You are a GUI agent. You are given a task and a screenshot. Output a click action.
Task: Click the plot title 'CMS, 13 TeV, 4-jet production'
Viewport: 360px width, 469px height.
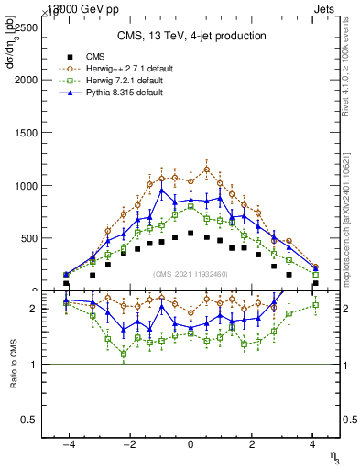point(191,37)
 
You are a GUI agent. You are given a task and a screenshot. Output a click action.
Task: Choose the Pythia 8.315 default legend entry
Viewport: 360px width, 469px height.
point(120,93)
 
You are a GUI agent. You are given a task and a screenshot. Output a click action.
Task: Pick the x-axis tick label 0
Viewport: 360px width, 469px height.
point(191,444)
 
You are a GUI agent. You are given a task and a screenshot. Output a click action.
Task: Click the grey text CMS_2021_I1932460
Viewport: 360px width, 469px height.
point(191,274)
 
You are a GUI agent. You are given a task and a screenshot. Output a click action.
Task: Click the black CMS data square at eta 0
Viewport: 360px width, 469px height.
point(191,234)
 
